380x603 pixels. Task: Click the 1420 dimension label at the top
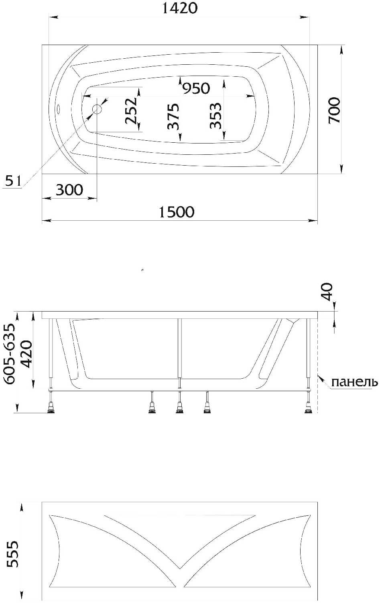[180, 8]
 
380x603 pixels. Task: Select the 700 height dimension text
[334, 111]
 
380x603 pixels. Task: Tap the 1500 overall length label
[176, 212]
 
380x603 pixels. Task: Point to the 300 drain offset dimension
[69, 190]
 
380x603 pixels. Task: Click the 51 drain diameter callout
[13, 181]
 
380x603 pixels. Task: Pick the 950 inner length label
[196, 88]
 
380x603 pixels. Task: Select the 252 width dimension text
[132, 111]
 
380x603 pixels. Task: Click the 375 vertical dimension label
[173, 116]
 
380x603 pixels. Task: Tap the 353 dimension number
[216, 116]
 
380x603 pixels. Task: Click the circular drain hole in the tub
[97, 109]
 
